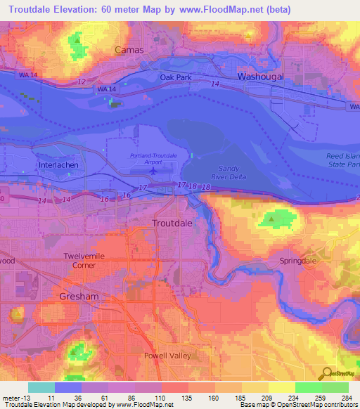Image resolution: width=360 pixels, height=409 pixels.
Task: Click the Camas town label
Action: (129, 50)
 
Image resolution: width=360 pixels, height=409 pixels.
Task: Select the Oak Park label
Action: (176, 77)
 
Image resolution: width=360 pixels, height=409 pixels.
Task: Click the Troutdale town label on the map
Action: (172, 223)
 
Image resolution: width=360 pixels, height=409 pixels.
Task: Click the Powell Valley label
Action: (168, 356)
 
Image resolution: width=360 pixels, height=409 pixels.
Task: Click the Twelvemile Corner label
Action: (84, 261)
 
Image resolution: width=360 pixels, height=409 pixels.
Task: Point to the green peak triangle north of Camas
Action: (75, 40)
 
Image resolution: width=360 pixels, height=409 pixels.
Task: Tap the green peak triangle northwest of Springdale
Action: (271, 221)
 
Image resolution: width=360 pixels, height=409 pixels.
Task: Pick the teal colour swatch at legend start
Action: (41, 387)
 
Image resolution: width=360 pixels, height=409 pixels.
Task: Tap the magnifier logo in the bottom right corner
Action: (328, 372)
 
